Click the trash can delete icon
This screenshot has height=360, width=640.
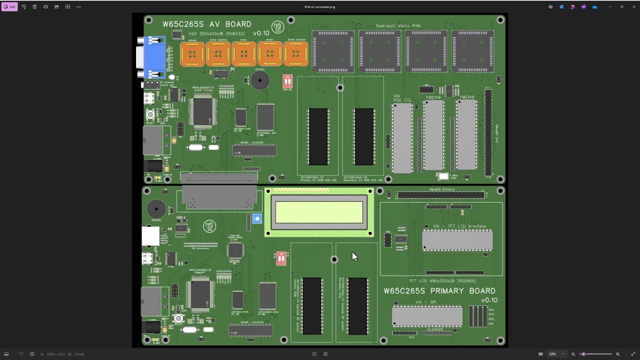pyautogui.click(x=34, y=7)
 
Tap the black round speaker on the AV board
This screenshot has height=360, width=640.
pyautogui.click(x=259, y=80)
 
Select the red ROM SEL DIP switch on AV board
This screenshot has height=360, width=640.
pyautogui.click(x=287, y=81)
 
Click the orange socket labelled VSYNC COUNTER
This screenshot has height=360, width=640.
pyautogui.click(x=218, y=54)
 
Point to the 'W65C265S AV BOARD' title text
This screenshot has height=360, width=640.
pyautogui.click(x=206, y=24)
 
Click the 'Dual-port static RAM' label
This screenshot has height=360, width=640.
pyautogui.click(x=398, y=25)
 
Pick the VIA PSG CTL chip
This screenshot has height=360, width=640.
pyautogui.click(x=402, y=138)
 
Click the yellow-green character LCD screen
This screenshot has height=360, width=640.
pyautogui.click(x=319, y=212)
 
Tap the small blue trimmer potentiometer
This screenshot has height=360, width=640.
pyautogui.click(x=257, y=219)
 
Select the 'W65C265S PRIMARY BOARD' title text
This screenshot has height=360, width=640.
pyautogui.click(x=439, y=291)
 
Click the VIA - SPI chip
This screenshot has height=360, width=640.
pyautogui.click(x=427, y=316)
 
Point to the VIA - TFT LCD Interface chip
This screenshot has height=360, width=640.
pyautogui.click(x=457, y=240)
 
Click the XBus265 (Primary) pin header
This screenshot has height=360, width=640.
pyautogui.click(x=441, y=195)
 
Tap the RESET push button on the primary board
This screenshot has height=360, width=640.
pyautogui.click(x=178, y=318)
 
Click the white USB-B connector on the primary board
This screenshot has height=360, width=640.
pyautogui.click(x=150, y=236)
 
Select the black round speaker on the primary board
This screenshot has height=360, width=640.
pyautogui.click(x=156, y=209)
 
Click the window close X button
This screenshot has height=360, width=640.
pyautogui.click(x=633, y=7)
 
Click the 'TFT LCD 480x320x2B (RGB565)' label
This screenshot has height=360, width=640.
pyautogui.click(x=442, y=281)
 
